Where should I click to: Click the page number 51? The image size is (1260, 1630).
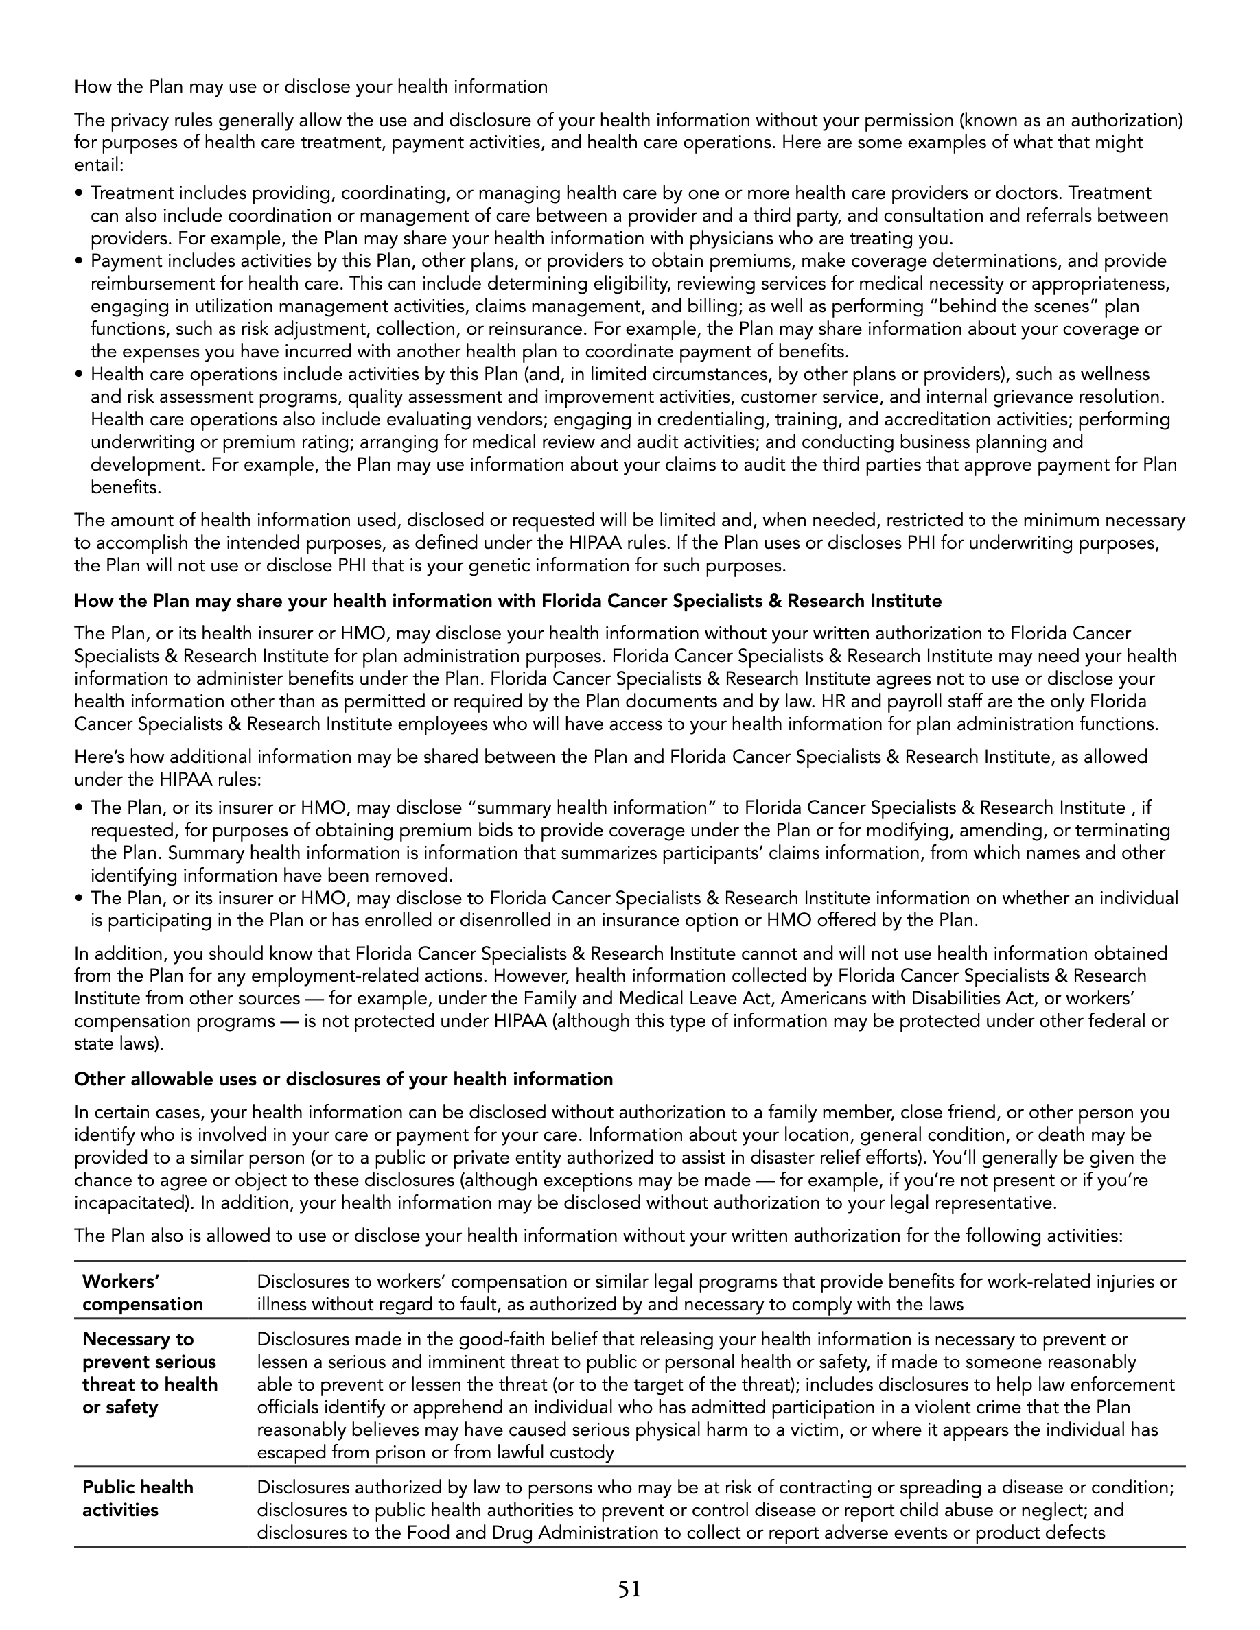[x=629, y=1590]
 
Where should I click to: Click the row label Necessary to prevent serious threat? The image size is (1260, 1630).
[x=150, y=1373]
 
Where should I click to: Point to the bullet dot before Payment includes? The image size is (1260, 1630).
[x=79, y=262]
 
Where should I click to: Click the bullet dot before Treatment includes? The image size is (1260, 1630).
[x=79, y=194]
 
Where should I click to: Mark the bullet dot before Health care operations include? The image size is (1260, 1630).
[x=79, y=375]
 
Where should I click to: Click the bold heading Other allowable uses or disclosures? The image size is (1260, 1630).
[x=343, y=1079]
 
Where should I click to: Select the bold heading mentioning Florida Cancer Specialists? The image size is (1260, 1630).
[x=508, y=601]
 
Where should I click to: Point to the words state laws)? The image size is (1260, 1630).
[x=119, y=1043]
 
